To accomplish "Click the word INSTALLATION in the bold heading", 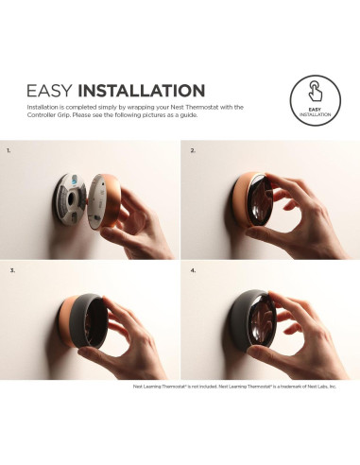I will (x=141, y=92).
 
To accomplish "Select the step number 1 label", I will (x=9, y=149).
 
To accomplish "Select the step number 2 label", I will (x=193, y=149).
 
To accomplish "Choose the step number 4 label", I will (x=193, y=271).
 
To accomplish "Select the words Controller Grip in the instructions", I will (x=54, y=115).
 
